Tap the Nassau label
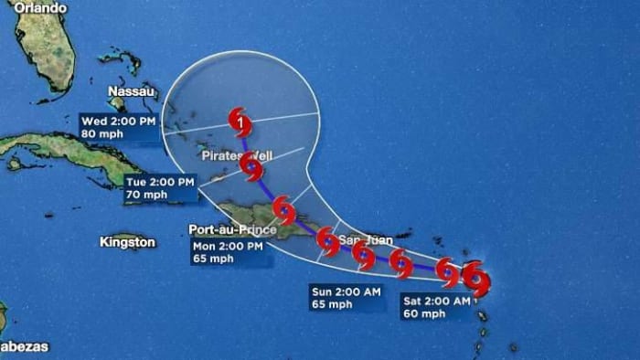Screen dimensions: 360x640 [129, 91]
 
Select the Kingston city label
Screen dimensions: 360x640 [127, 242]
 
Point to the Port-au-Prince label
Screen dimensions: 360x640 [232, 229]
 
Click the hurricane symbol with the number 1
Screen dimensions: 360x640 [240, 118]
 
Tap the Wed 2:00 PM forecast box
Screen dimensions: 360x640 [119, 127]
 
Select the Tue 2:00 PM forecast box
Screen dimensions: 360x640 [159, 188]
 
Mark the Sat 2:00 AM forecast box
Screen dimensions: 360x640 [436, 307]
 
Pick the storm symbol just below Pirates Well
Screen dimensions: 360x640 [251, 167]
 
